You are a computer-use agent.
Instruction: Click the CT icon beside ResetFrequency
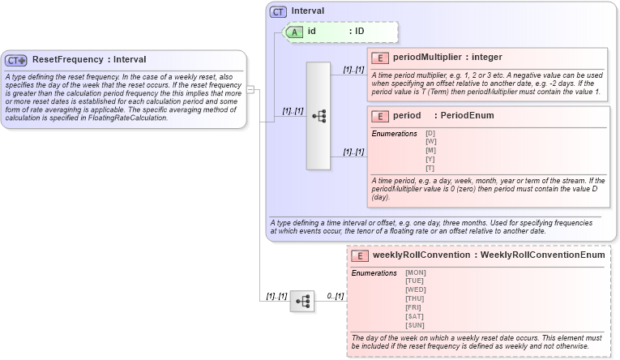16,60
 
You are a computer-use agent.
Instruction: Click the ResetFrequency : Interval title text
89,59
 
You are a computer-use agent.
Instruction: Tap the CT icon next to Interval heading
279,11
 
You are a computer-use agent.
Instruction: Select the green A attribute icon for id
294,31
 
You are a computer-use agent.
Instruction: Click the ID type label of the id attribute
360,31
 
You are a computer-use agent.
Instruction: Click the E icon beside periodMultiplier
379,58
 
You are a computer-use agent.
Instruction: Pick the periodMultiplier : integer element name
447,58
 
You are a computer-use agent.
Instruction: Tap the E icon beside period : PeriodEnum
379,116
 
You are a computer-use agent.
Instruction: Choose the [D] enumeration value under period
430,133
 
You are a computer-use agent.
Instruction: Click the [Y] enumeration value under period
430,159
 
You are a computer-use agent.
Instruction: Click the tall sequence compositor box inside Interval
318,116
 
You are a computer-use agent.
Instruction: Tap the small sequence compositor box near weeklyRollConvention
301,301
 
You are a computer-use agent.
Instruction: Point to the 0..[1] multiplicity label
336,296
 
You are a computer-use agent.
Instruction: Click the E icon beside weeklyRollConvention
360,255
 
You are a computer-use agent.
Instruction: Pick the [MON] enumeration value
416,272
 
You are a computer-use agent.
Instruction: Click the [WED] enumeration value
416,289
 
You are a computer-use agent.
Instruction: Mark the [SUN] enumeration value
415,324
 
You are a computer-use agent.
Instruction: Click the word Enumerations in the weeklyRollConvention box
374,272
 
